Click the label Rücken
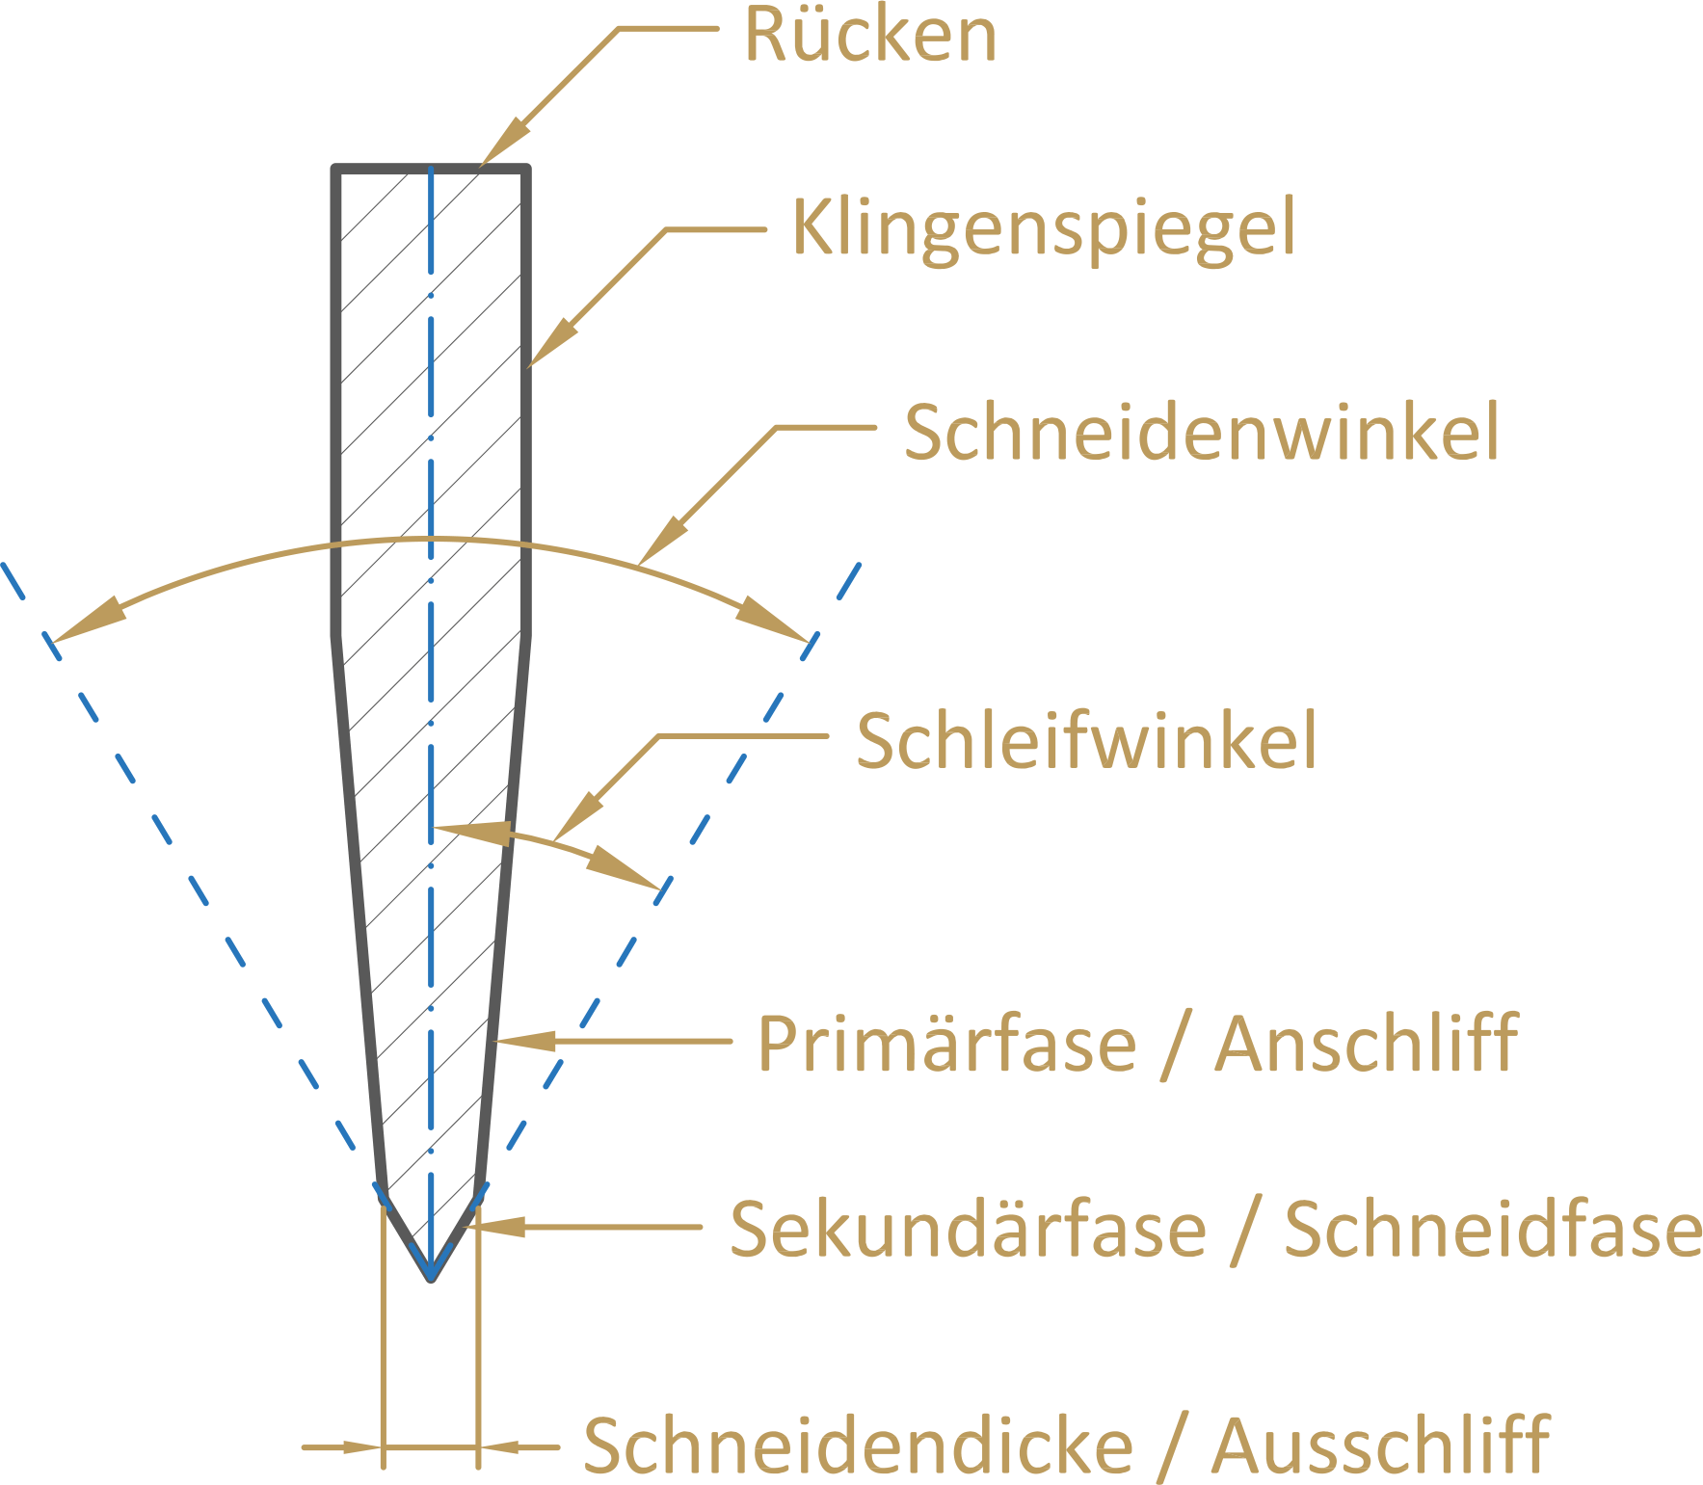870,37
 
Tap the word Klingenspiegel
1044,229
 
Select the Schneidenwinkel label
1202,432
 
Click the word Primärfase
946,1044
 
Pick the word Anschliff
1366,1044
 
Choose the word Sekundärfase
968,1230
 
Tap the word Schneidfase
1493,1230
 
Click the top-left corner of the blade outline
335,170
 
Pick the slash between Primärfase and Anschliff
1176,1045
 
